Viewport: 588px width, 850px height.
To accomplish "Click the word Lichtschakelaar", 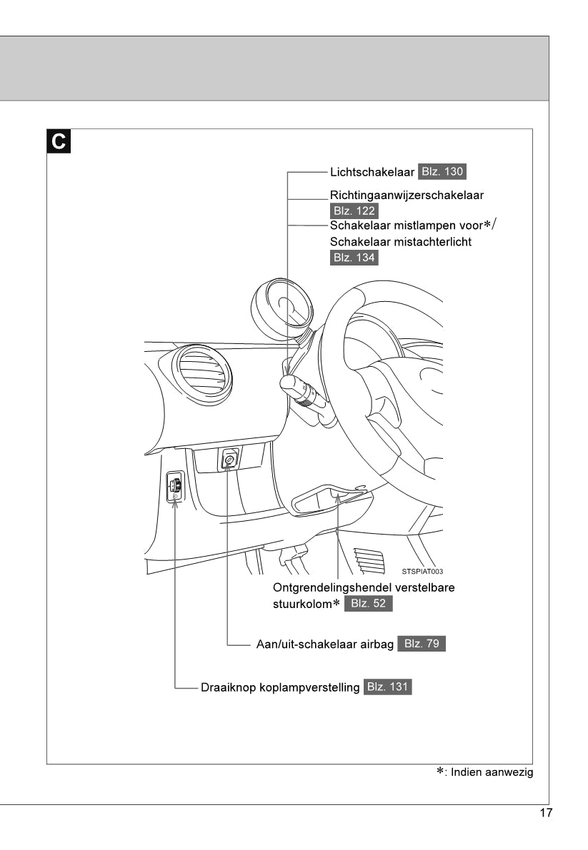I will [372, 172].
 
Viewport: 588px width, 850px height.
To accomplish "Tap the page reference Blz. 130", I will [443, 172].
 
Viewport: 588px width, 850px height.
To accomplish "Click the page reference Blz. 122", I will [354, 211].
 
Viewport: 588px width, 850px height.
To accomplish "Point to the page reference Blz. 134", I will [354, 258].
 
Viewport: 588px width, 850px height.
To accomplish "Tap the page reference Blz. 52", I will [369, 604].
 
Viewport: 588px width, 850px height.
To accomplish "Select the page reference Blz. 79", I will [422, 643].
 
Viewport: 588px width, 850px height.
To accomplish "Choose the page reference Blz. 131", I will [388, 687].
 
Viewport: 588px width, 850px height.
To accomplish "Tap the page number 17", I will [546, 813].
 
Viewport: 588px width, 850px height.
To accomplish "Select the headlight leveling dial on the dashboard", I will [175, 487].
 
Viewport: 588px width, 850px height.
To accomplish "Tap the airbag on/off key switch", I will [229, 461].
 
